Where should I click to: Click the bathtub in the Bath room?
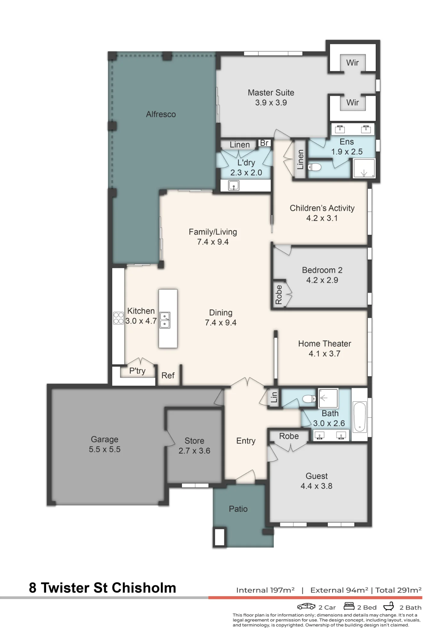click(360, 417)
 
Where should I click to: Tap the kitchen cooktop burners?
click(119, 318)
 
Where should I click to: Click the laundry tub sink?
click(234, 185)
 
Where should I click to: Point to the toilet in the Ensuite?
click(315, 167)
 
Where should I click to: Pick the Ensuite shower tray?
click(364, 168)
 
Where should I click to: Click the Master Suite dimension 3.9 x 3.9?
click(271, 103)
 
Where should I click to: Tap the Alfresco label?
click(161, 114)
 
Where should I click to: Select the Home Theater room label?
click(324, 344)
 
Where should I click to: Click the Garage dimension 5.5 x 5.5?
click(105, 449)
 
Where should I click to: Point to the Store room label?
click(194, 441)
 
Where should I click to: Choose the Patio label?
click(238, 509)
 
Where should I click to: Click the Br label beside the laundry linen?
click(264, 143)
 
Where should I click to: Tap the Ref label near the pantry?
click(168, 375)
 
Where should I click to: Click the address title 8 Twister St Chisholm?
click(103, 588)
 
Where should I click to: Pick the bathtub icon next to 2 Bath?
click(389, 606)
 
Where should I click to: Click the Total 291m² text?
click(398, 590)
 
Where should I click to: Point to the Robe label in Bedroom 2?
click(279, 295)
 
